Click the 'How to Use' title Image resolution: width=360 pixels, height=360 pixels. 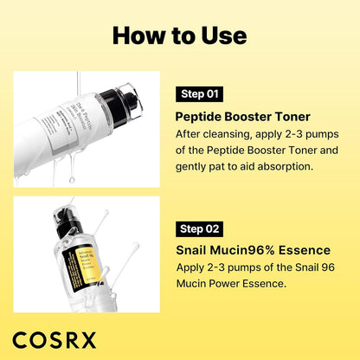[x=179, y=35]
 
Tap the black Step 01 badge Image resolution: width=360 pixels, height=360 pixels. [x=202, y=93]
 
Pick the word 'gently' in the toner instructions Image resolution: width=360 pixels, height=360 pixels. [x=194, y=165]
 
